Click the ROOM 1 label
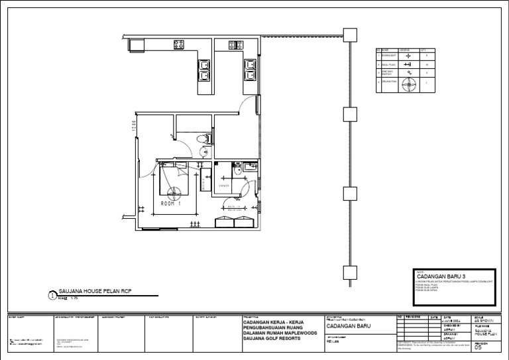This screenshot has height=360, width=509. coord(170,204)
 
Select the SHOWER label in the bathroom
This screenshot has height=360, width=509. coord(223,186)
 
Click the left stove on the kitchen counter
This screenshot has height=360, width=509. coord(179,45)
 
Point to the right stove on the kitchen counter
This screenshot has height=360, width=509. coord(234,45)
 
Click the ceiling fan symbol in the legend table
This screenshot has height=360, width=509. coord(409,84)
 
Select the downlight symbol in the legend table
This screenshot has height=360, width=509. coord(409,56)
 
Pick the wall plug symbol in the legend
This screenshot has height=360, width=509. coord(409,64)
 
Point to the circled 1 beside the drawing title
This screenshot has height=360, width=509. coord(53,296)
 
